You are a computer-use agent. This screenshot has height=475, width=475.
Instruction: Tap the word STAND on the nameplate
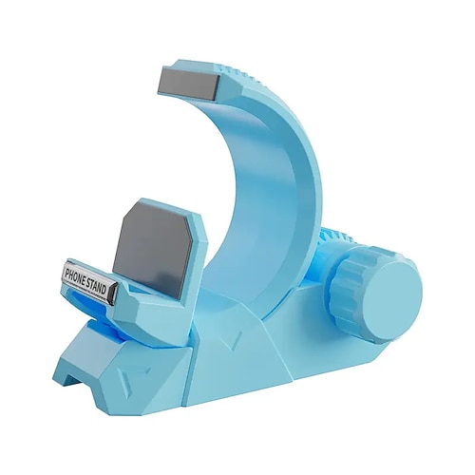pos(99,282)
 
